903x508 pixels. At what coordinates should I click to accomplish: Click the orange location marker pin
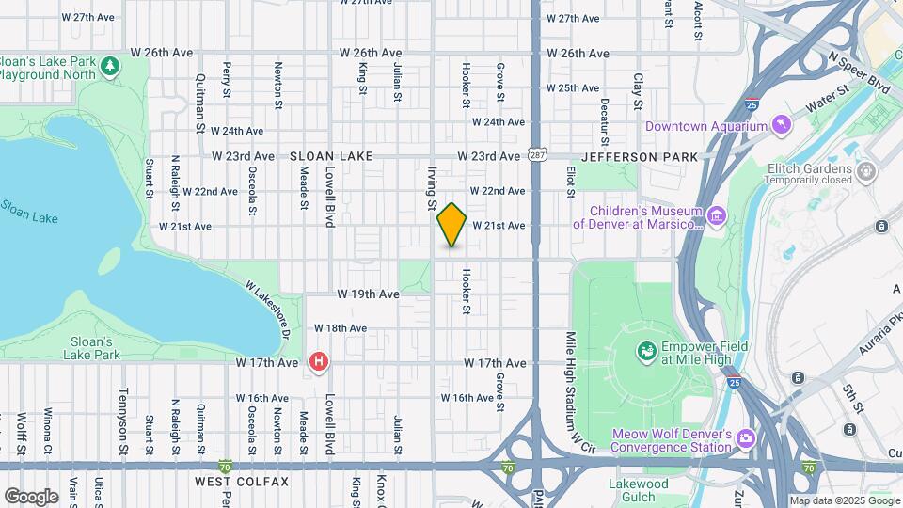click(451, 224)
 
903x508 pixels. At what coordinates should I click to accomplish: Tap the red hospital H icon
click(319, 361)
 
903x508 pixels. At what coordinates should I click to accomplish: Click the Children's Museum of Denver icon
click(716, 217)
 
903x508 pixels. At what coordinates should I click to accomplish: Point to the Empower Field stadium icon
click(646, 352)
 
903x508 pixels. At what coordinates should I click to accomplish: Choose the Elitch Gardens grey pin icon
click(866, 172)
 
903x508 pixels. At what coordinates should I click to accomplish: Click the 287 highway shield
click(536, 155)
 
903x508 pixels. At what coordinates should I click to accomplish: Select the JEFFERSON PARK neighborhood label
click(641, 156)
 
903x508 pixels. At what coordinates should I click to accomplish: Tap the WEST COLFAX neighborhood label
click(242, 482)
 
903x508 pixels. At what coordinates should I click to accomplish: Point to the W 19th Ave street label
click(370, 294)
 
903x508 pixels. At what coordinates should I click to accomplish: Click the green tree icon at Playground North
click(111, 66)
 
